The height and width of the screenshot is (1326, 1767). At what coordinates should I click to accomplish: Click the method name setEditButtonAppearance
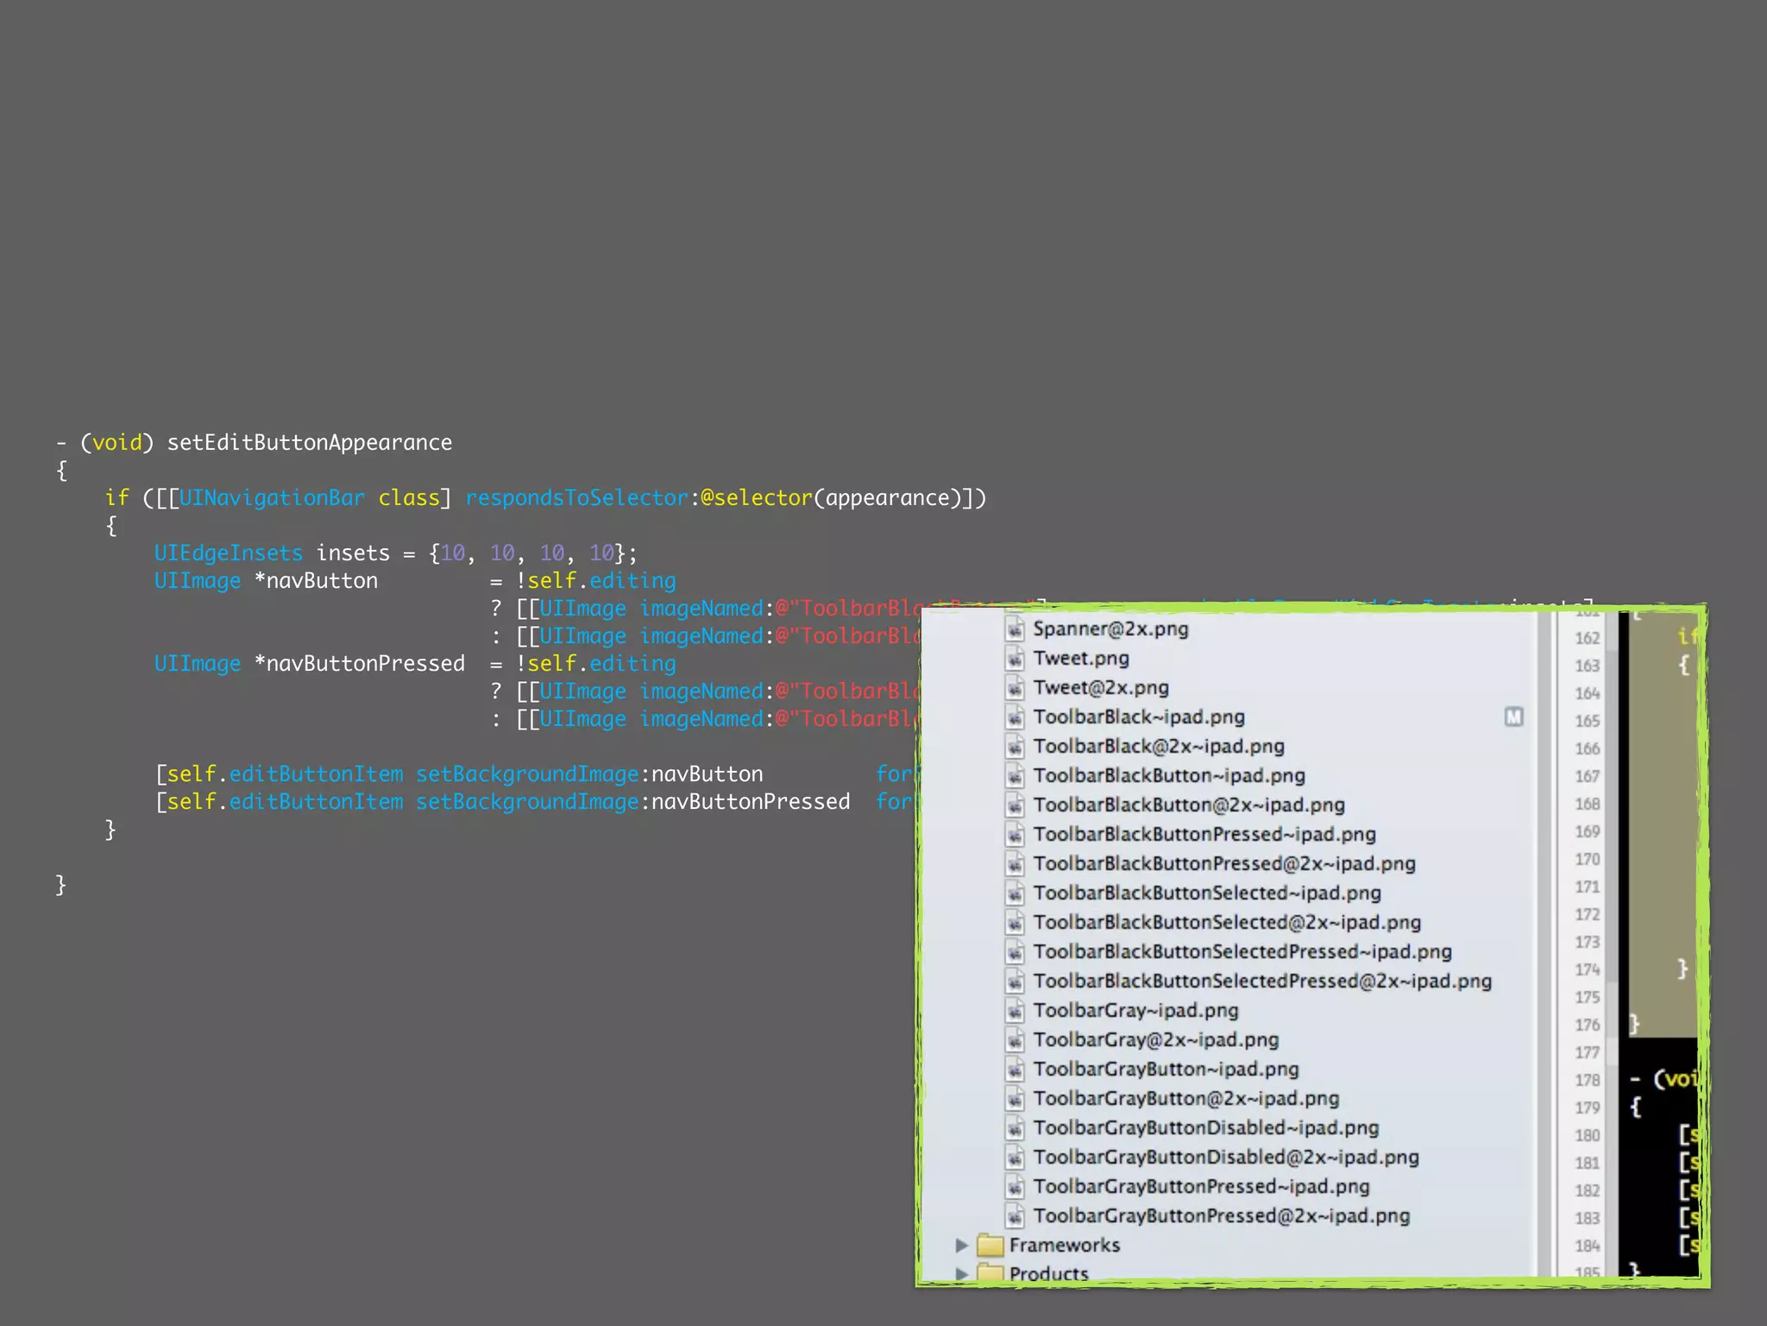309,443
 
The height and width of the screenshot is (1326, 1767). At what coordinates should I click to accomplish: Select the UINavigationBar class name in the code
272,498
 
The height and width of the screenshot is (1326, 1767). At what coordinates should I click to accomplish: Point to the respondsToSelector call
576,498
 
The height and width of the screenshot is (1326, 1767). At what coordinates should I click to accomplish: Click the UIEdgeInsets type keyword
229,553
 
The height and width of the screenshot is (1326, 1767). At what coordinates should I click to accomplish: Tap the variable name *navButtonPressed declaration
359,664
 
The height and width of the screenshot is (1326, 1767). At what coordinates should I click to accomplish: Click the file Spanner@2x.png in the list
1110,629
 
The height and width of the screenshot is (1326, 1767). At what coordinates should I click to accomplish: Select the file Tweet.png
1081,659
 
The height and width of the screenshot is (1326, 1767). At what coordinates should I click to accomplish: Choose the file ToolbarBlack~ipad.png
1139,717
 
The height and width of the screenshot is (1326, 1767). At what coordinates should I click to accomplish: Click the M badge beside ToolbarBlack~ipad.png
1513,717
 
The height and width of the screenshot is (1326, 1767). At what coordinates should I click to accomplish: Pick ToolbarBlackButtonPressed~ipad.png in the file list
1204,835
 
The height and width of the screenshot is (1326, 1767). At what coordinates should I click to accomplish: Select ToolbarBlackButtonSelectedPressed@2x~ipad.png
1262,982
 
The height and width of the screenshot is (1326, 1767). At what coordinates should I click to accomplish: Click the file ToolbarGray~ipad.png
1135,1011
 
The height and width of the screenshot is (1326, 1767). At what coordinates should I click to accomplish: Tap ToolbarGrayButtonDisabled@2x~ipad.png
1226,1158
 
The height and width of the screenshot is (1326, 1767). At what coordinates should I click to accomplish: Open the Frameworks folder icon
990,1246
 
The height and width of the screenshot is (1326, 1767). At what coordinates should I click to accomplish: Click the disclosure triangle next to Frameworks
961,1245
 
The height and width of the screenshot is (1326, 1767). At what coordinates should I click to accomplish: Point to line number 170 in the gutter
1587,860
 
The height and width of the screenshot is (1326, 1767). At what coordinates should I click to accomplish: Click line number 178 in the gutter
1587,1081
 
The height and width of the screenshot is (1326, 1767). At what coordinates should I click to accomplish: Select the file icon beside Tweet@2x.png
1016,689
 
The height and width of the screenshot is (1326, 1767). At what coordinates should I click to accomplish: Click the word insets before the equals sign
353,553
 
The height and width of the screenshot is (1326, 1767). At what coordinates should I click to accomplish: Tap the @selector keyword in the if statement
756,498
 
